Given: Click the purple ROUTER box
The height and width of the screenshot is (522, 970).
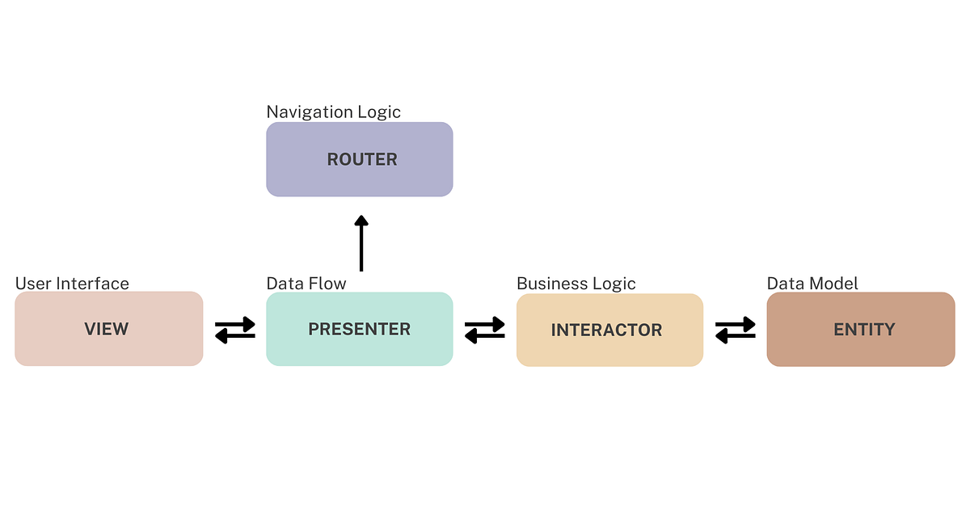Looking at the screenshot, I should click(x=360, y=159).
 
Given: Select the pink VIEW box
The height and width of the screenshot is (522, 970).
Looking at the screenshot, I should click(x=108, y=329).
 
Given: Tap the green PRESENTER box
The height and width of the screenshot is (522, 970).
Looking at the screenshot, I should click(x=360, y=329).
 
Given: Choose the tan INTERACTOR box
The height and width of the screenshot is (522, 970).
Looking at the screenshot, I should click(x=609, y=330).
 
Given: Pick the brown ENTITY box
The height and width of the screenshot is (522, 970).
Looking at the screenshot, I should click(x=861, y=329).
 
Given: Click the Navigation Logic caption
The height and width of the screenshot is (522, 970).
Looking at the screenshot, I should click(x=333, y=112).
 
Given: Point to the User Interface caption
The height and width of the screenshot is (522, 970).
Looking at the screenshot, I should click(x=72, y=284).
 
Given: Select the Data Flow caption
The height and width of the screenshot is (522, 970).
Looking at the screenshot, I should click(x=306, y=284).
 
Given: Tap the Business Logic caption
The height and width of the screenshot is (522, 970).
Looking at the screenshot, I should click(x=576, y=284).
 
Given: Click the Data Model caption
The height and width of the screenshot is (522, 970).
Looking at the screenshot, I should click(x=812, y=284).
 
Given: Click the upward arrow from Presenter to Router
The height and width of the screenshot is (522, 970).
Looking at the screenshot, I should click(x=361, y=244).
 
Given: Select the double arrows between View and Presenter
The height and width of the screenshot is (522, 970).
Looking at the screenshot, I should click(x=235, y=330).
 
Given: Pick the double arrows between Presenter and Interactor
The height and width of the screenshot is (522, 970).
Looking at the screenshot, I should click(x=485, y=330).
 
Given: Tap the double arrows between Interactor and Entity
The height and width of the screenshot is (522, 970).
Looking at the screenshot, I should click(x=736, y=330).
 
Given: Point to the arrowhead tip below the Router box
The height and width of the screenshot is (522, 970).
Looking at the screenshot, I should click(x=361, y=217).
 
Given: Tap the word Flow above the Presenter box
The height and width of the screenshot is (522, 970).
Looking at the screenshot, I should click(x=327, y=284).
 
